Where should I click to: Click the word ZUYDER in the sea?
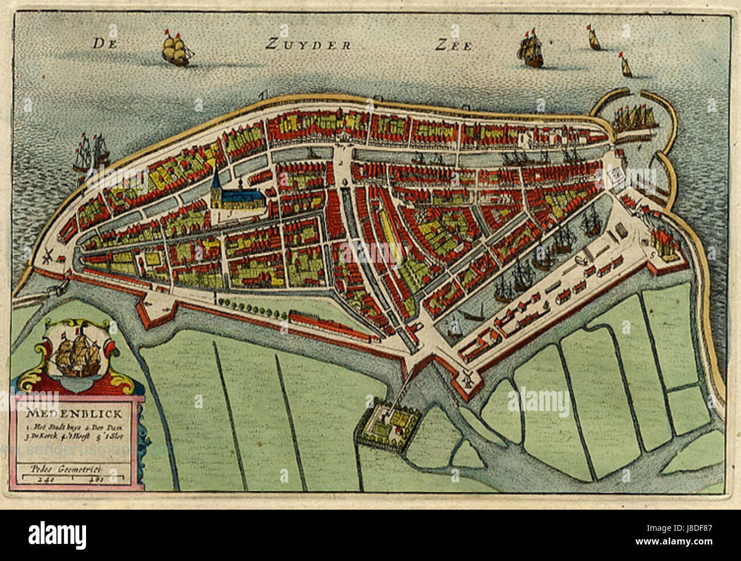point(308,45)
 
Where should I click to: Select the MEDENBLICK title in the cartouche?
point(58,414)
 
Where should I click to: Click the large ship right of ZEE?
point(531,50)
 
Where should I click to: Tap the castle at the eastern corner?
point(663,245)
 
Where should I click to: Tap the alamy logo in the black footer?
point(57,535)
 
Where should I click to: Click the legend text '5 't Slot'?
point(120,436)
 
